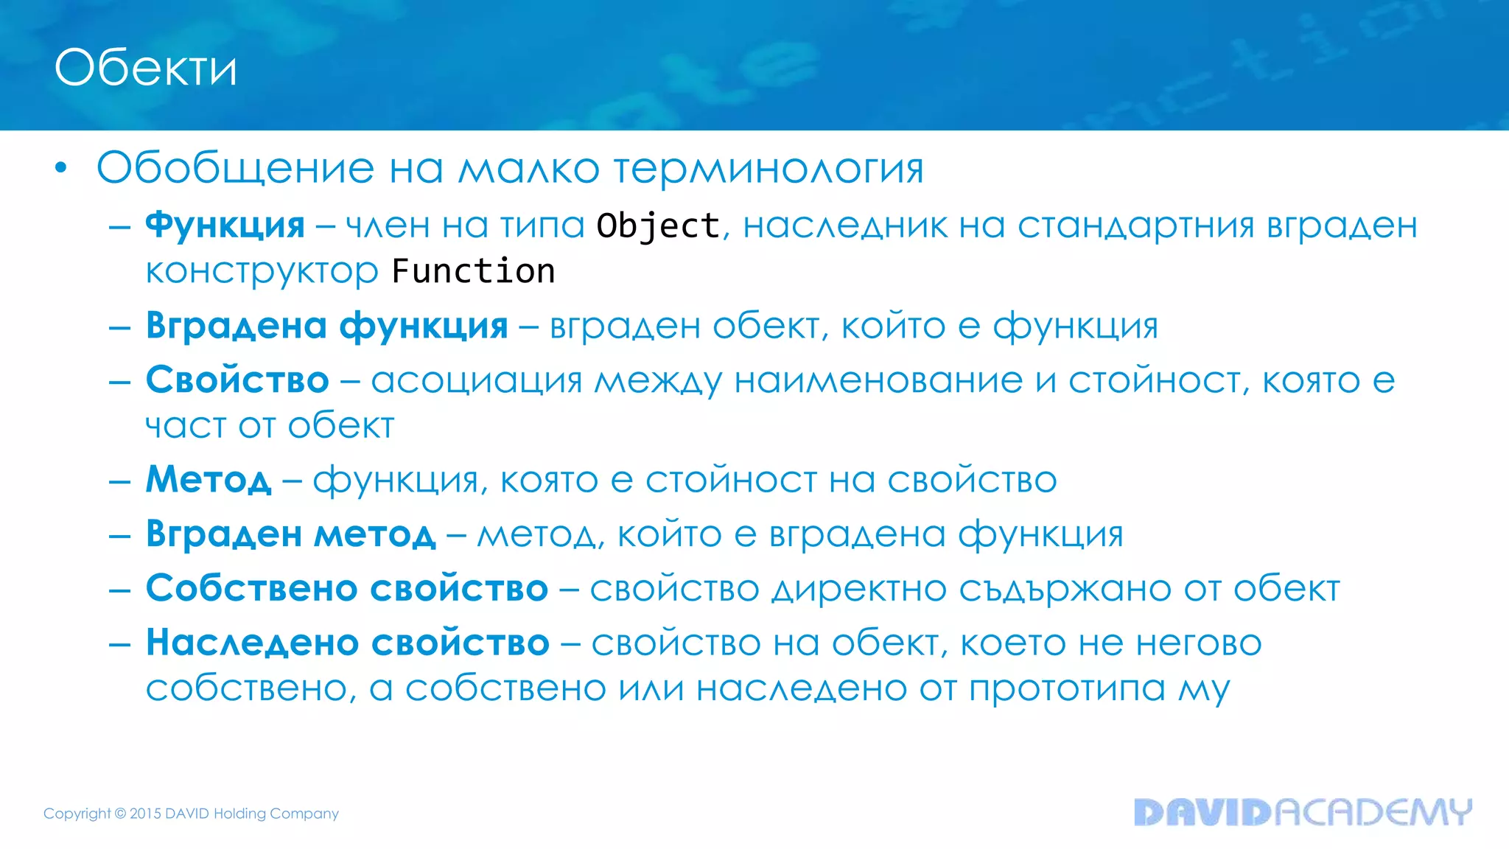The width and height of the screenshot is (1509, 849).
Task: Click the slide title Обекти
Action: pos(146,69)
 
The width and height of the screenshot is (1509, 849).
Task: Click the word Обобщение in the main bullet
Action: pos(235,168)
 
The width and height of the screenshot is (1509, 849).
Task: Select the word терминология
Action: pos(768,170)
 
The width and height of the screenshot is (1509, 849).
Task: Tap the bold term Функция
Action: pos(225,225)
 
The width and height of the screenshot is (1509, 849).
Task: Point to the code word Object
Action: pos(658,226)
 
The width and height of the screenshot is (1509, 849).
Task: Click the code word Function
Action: pos(473,271)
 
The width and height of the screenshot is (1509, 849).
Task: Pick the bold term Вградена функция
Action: pos(326,326)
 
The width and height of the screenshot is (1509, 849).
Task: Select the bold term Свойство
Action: pos(237,380)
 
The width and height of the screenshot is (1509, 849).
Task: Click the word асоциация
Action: pos(476,381)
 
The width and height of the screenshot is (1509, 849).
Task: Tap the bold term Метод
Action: pos(209,480)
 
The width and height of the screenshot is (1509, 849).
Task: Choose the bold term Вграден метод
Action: pos(290,534)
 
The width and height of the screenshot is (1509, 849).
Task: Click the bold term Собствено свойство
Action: pos(347,588)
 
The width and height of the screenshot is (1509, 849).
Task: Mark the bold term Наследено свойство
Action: pos(348,643)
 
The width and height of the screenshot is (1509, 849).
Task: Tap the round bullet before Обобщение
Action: pos(61,168)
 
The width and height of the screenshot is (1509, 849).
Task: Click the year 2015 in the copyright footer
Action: pos(145,814)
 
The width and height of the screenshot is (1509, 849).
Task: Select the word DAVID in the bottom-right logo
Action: pos(1202,812)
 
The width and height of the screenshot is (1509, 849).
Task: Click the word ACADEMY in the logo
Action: pos(1372,812)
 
